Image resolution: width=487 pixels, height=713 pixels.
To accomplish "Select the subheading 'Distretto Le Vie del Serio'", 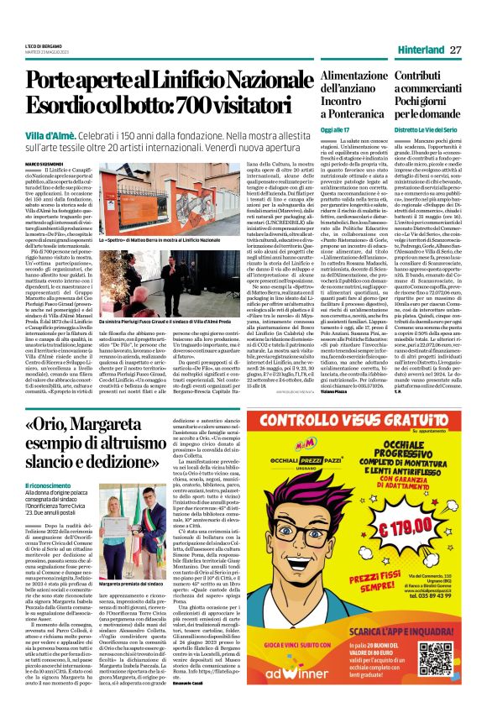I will click(x=428, y=132).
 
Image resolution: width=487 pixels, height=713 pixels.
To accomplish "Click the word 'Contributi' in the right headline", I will click(x=422, y=76).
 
